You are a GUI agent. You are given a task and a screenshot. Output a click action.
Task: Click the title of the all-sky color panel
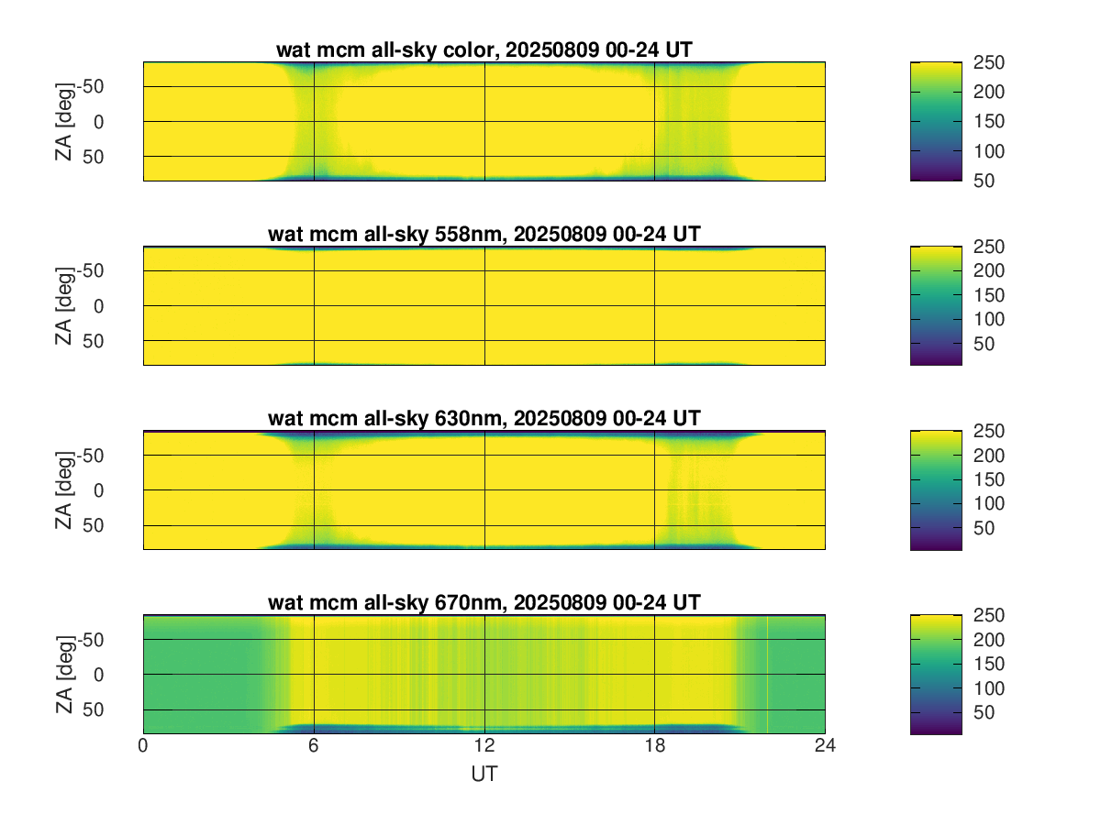[484, 50]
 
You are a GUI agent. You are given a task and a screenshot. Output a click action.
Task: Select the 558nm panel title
[484, 235]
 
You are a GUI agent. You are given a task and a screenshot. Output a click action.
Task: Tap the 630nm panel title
[484, 419]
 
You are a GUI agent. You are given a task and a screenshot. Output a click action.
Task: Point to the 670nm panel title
[484, 603]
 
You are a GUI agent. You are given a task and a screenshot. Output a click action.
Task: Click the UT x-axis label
[484, 774]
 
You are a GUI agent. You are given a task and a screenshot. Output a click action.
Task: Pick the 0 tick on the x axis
[143, 746]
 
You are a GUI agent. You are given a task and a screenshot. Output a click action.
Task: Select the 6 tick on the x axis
[314, 746]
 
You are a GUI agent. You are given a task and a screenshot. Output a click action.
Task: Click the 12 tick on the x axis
[484, 746]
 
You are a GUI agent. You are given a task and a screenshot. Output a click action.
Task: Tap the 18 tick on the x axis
[654, 746]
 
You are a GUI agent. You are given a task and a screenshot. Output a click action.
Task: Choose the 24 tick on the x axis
[825, 746]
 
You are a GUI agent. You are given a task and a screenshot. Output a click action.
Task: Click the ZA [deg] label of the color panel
[64, 121]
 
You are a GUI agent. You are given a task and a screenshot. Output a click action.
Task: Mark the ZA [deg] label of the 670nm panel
[64, 674]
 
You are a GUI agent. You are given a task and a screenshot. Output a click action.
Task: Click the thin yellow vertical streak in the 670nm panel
[767, 674]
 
